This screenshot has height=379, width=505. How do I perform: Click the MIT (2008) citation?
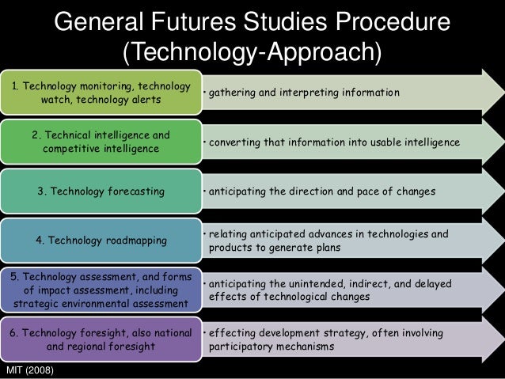coord(28,369)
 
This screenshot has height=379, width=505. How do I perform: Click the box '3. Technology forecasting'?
coord(101,191)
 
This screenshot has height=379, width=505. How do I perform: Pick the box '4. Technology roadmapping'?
coord(101,241)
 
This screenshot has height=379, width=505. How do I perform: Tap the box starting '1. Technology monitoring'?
coord(101,93)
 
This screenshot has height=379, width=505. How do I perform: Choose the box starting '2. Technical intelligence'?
coord(101,142)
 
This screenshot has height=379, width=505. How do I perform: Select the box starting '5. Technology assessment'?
coord(101,289)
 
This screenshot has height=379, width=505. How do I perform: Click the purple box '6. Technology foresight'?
coord(101,339)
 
